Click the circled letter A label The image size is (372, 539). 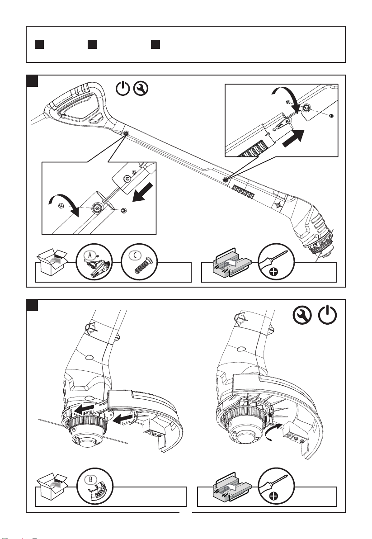coord(90,255)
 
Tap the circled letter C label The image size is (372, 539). coord(135,255)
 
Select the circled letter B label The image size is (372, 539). coord(91,479)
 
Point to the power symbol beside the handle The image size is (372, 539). coord(122,89)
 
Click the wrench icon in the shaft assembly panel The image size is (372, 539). coord(141,89)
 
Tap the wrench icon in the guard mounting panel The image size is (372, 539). coord(302,315)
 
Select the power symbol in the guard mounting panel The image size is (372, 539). coord(327,315)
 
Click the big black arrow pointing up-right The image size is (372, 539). coord(294,138)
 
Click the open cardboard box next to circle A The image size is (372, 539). coord(52,262)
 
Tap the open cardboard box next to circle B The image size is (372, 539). coord(52,487)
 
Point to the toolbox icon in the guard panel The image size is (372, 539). coord(232,487)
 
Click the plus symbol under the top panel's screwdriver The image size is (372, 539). coord(273,273)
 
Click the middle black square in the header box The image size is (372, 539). coord(92,44)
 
